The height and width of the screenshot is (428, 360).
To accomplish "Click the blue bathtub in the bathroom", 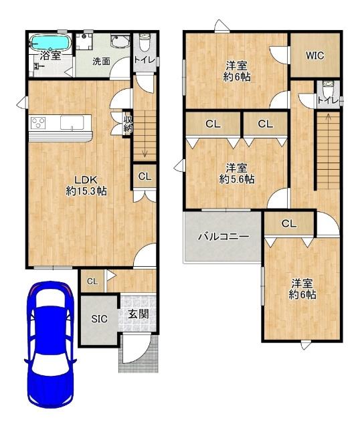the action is [50, 42].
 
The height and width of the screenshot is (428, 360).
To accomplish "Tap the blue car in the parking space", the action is [51, 345].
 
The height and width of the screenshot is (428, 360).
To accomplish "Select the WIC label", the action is [314, 56].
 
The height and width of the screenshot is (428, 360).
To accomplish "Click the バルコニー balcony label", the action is [223, 236].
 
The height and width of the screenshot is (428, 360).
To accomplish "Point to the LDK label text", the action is [86, 180].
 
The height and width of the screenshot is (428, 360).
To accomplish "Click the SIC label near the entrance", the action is [99, 319].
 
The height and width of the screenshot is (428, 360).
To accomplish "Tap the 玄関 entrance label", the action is [139, 314].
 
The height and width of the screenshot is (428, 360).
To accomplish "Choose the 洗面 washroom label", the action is [101, 62].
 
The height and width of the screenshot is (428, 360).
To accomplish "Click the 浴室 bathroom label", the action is [50, 56].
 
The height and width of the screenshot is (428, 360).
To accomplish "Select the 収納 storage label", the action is [128, 124].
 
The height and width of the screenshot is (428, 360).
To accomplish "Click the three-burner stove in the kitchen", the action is [38, 122].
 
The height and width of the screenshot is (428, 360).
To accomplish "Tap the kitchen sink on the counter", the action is [72, 123].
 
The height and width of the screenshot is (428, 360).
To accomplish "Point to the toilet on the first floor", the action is [145, 43].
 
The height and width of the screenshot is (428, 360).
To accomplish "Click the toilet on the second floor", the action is [328, 88].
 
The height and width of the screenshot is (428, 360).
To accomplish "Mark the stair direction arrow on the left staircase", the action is [145, 154].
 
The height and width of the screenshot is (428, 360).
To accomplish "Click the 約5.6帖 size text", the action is [237, 179].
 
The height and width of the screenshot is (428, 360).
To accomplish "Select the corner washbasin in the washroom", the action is [120, 40].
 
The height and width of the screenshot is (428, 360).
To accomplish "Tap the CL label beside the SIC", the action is [92, 281].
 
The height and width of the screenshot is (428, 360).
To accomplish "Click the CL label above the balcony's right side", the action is [289, 224].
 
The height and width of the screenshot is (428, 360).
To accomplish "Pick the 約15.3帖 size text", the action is [86, 191].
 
